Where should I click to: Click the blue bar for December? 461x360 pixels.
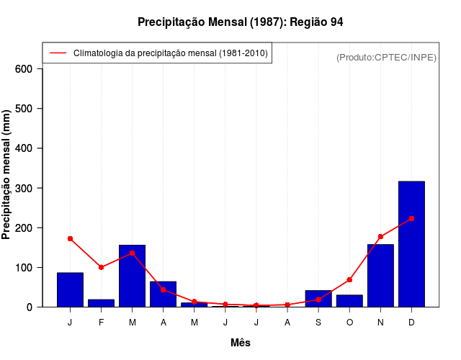coord(411,244)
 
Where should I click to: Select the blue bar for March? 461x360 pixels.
coord(133,276)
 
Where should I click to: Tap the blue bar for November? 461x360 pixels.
coord(380,276)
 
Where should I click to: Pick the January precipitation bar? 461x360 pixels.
coord(70,289)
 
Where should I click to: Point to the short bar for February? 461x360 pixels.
coord(101,303)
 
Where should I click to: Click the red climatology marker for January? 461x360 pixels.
coord(70,238)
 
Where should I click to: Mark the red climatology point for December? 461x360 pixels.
coord(411,218)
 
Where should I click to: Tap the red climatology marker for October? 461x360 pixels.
coord(349,279)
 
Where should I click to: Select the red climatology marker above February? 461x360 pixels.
coord(101,267)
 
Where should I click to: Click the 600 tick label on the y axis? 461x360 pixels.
coord(24,69)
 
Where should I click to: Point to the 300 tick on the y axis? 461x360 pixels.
coord(24,188)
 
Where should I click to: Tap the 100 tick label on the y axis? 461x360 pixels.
coord(24,267)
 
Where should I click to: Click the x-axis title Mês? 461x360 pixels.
coord(241,343)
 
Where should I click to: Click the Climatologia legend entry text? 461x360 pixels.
coord(171,53)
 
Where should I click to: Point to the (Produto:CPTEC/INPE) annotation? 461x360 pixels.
coord(386,57)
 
